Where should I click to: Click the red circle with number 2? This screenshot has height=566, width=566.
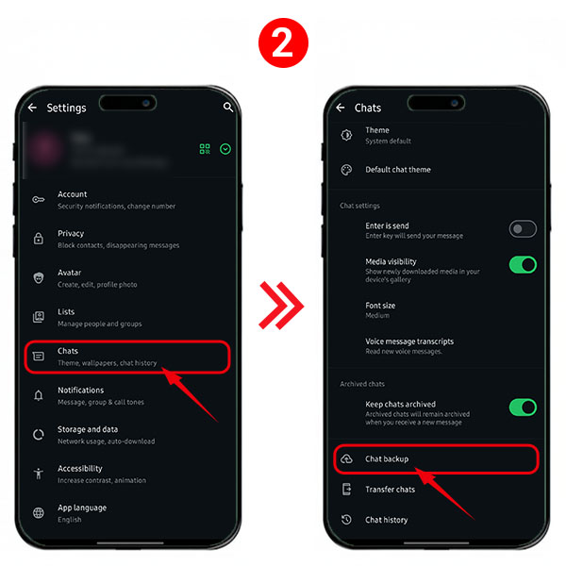[x=283, y=43]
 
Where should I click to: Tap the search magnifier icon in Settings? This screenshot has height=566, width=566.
[x=228, y=107]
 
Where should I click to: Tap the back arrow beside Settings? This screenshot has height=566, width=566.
[x=32, y=108]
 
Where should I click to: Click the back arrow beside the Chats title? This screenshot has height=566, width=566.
[x=340, y=108]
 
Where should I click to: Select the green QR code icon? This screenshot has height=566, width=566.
[x=205, y=149]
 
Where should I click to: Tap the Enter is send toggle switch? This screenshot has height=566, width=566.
[x=523, y=229]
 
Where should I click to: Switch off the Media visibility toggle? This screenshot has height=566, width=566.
[x=523, y=264]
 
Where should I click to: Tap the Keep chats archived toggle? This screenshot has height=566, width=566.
[x=523, y=408]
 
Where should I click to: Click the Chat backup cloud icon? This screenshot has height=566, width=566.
[x=346, y=458]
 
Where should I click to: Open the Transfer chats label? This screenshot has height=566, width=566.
[x=391, y=490]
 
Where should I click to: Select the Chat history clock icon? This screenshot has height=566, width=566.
[x=346, y=520]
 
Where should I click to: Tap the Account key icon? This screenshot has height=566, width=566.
[x=39, y=200]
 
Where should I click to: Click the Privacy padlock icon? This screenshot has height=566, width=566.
[x=39, y=239]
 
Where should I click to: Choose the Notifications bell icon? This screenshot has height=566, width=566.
[x=39, y=395]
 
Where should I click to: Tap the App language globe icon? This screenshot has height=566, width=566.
[x=39, y=513]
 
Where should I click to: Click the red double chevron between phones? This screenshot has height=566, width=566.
[x=281, y=306]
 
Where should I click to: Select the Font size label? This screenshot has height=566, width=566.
[x=380, y=306]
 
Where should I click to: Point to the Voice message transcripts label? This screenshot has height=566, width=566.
[x=409, y=341]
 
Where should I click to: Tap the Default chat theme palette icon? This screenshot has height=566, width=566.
[x=346, y=170]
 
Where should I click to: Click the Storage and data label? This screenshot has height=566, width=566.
[x=88, y=429]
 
